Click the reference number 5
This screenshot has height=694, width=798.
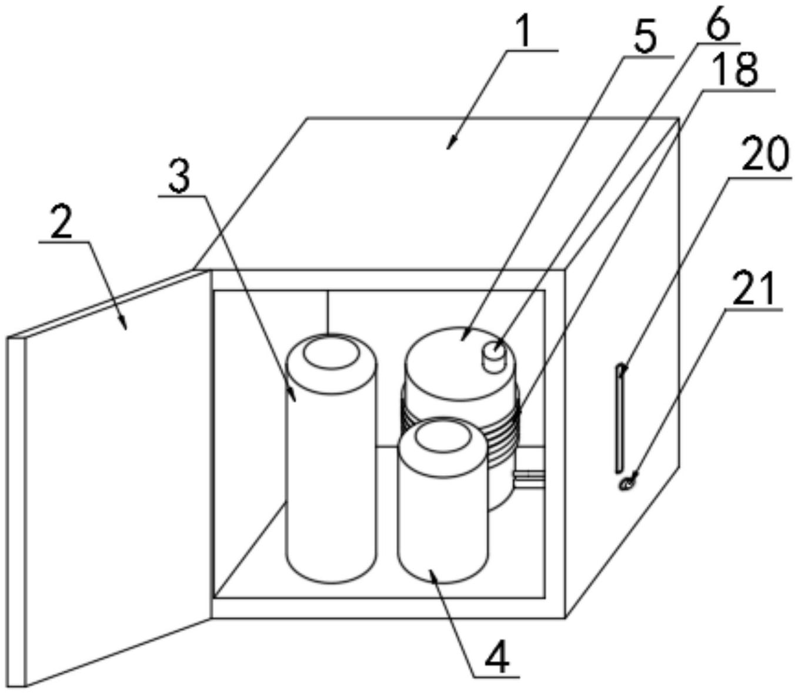coord(646,38)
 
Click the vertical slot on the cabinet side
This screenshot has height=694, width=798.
coord(620,418)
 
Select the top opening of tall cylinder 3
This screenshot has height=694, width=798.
coord(332,353)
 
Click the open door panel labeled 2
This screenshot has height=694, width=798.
coord(109,478)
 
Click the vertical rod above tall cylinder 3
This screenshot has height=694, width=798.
coord(328,313)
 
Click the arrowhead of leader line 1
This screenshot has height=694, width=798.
coord(451,144)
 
